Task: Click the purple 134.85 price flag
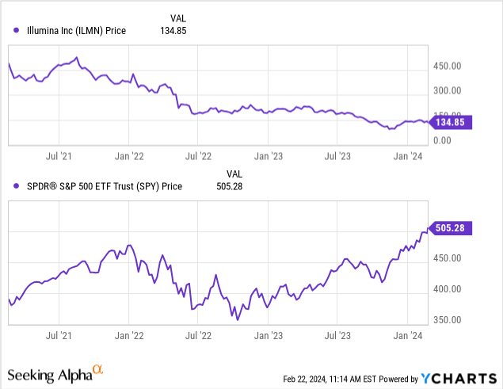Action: pos(450,122)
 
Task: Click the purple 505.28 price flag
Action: pos(450,228)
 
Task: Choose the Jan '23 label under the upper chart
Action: pos(269,156)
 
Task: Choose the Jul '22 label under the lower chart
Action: pos(199,336)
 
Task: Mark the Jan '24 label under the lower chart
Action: pos(407,336)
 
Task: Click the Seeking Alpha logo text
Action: pos(49,372)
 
